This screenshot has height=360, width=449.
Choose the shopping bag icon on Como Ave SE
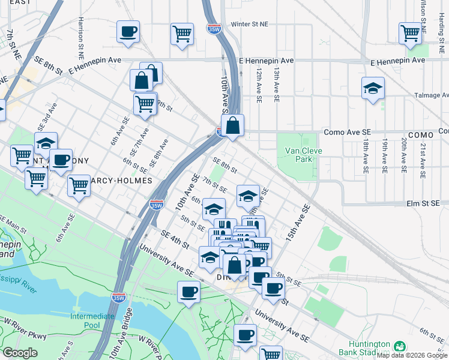coord(233,126)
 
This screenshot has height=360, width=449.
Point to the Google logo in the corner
coord(20,353)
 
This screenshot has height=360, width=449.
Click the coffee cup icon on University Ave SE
coord(189,292)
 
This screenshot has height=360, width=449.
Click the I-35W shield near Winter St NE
coord(213,28)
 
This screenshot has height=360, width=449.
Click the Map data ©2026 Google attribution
coord(412,355)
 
